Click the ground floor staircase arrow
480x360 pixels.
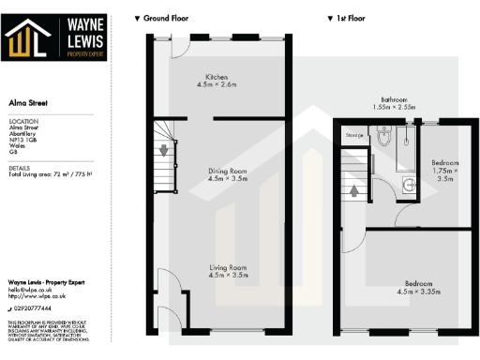click(165, 150)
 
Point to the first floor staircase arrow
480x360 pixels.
click(355, 191)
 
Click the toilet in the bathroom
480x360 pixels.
click(384, 138)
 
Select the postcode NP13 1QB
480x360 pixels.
click(24, 139)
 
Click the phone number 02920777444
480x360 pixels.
click(35, 307)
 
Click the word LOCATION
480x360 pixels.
click(22, 122)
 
